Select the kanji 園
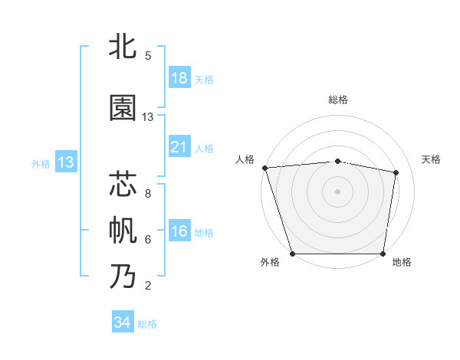(x=123, y=109)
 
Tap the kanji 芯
(x=123, y=185)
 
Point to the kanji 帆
(x=123, y=231)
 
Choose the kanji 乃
(x=123, y=276)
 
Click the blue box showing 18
(x=179, y=78)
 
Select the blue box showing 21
(x=179, y=147)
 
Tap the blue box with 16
(x=179, y=231)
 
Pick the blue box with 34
(x=123, y=322)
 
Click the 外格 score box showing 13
(x=66, y=162)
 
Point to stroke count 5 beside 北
(x=148, y=56)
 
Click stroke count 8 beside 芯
(x=148, y=194)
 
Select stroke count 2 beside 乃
(x=148, y=286)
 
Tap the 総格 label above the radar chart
(x=338, y=100)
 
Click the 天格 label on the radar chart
(x=431, y=159)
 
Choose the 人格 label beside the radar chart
(x=245, y=159)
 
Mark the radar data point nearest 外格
(x=292, y=254)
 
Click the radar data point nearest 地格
(x=383, y=254)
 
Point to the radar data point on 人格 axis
(x=264, y=168)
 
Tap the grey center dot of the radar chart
(x=338, y=191)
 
